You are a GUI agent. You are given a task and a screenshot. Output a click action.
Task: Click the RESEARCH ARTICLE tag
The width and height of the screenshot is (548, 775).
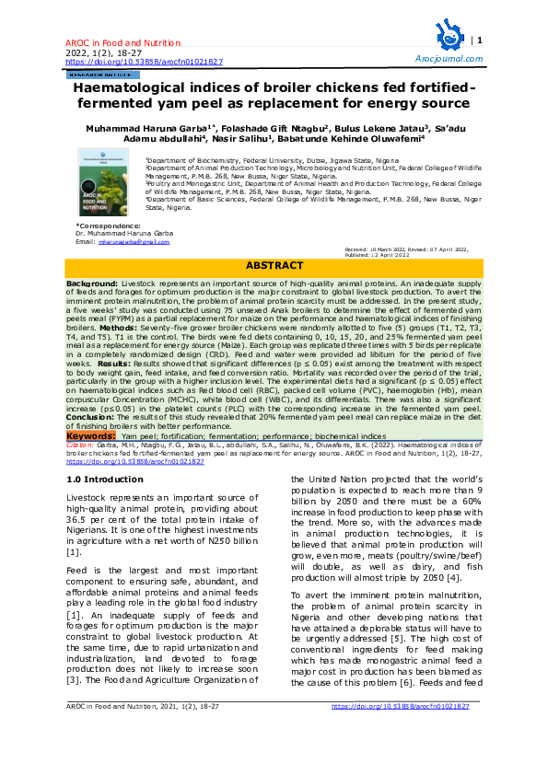tap(95, 73)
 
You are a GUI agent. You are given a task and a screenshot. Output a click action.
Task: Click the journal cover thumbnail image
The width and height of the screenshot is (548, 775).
tap(103, 184)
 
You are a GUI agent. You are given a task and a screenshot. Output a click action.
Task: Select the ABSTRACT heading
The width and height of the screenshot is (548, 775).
tap(273, 265)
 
